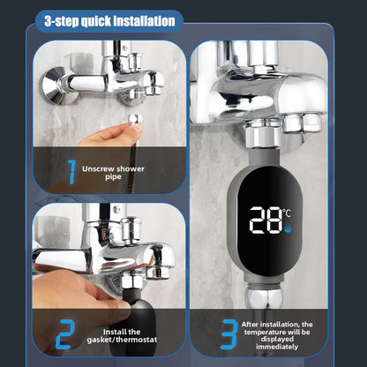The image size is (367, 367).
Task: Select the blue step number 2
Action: (x=63, y=334)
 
